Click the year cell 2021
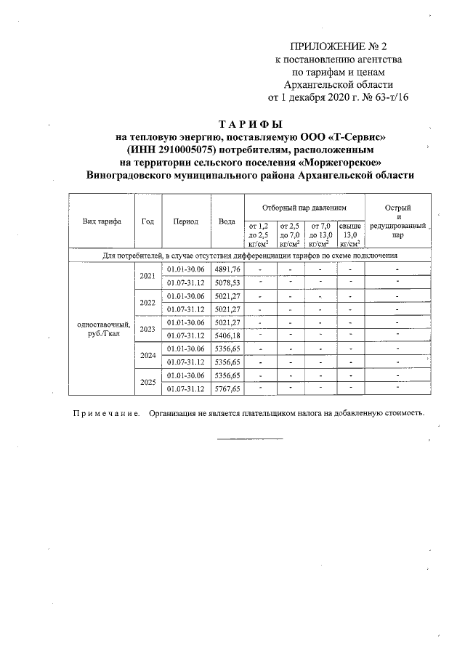pos(147,276)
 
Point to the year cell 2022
pos(147,303)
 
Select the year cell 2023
pos(147,329)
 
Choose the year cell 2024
pos(147,356)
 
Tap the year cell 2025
pos(147,382)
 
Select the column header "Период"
pos(186,221)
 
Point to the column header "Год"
pos(147,221)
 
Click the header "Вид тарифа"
pos(102,221)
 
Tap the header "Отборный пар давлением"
pos(304,208)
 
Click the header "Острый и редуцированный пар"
pos(397,221)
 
